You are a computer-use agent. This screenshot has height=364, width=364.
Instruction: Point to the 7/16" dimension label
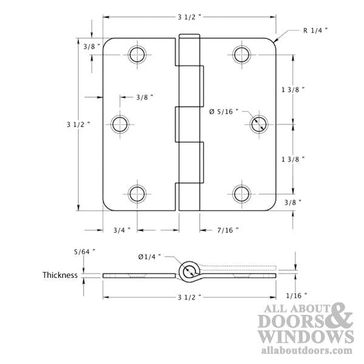click(227, 230)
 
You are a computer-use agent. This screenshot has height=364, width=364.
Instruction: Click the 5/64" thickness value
click(84, 251)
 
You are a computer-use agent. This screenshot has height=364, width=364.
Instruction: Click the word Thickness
click(59, 275)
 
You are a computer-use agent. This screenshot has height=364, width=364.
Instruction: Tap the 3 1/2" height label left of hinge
click(78, 124)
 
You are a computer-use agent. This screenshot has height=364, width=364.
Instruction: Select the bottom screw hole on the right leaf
click(242, 194)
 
